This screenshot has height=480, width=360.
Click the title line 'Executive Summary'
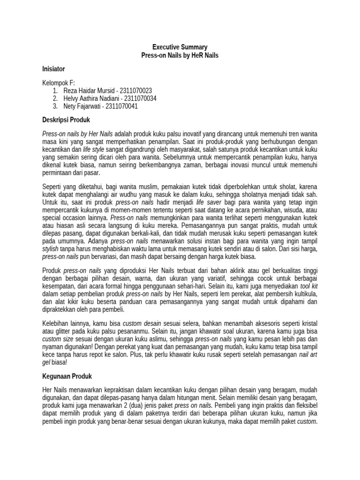(180, 47)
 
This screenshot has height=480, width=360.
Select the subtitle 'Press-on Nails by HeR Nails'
(180, 55)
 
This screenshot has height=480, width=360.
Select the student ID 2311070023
(136, 90)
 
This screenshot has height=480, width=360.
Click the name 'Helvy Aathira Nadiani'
(91, 98)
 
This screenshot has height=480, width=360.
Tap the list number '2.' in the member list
(55, 98)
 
